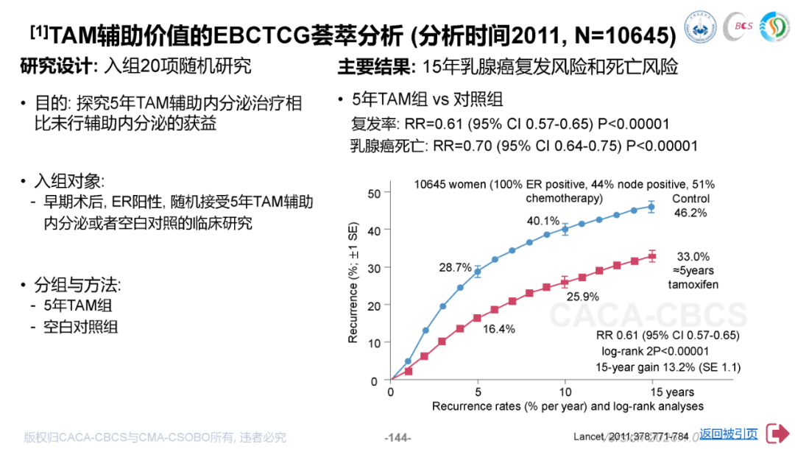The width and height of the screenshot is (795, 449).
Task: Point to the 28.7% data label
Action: click(x=456, y=266)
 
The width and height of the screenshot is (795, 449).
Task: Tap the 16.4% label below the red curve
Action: click(x=500, y=329)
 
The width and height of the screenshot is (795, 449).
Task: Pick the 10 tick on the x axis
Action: click(x=565, y=392)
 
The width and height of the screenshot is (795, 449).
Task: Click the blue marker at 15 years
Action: click(x=651, y=207)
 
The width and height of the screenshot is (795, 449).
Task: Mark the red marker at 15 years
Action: click(x=651, y=256)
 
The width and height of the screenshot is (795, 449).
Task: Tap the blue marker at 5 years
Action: click(x=478, y=272)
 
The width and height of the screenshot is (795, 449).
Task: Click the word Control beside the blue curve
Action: click(x=690, y=199)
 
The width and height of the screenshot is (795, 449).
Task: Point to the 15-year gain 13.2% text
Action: click(x=668, y=367)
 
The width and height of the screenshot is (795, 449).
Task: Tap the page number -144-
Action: click(x=398, y=436)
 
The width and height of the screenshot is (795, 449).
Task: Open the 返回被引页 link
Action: click(x=729, y=434)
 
